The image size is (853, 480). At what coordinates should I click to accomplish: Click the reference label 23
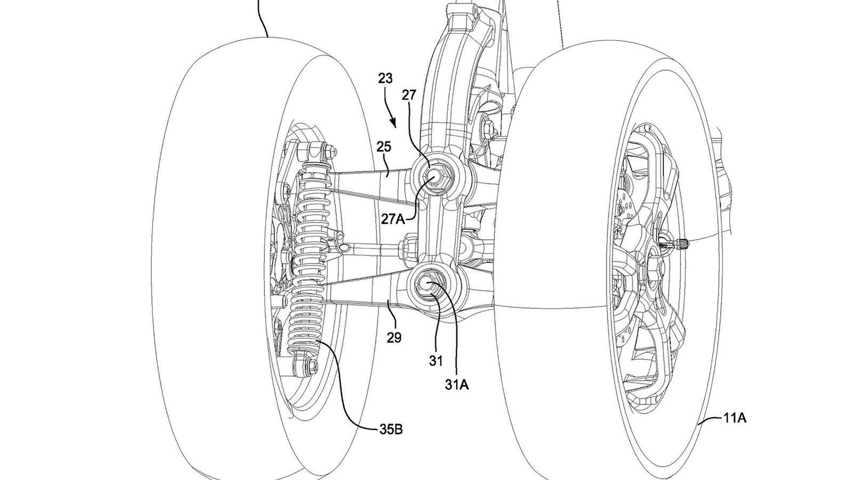(x=385, y=78)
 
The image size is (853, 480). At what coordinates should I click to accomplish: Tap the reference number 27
(x=409, y=95)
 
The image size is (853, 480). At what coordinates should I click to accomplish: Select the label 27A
(x=393, y=219)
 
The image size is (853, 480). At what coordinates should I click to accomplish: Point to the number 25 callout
(x=384, y=147)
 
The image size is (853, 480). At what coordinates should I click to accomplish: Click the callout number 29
(x=394, y=337)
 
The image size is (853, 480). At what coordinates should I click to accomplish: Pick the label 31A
(x=457, y=385)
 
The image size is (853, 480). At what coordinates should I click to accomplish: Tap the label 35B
(x=391, y=430)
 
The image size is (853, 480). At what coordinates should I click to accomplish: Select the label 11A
(x=735, y=419)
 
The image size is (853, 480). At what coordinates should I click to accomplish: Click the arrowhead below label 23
(x=394, y=123)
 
